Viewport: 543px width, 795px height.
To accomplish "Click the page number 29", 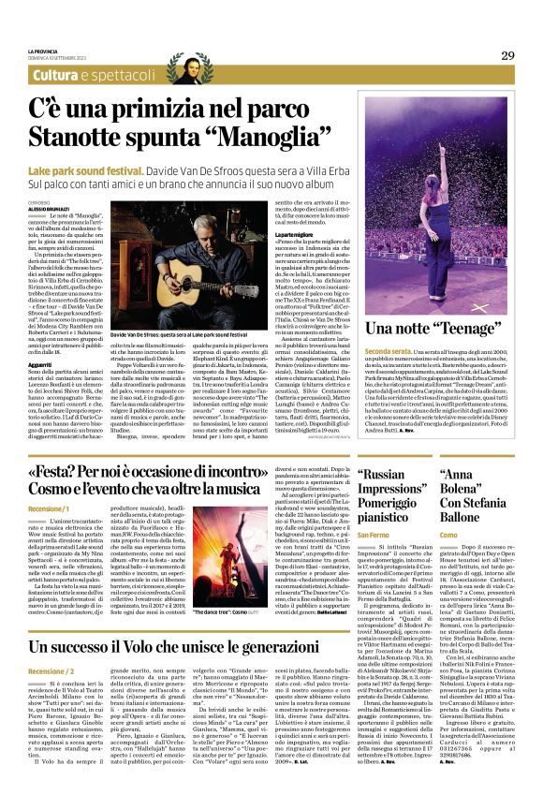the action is tap(507, 55).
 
